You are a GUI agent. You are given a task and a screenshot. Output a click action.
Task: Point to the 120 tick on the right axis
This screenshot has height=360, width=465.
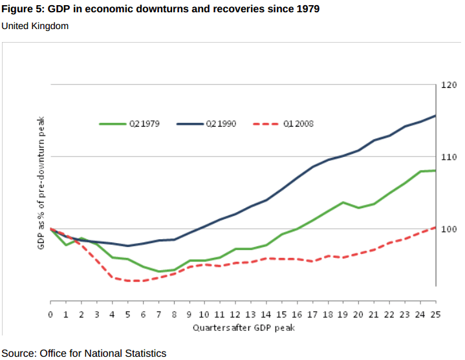point(449,85)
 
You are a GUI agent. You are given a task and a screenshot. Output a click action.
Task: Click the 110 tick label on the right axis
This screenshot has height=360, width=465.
point(449,157)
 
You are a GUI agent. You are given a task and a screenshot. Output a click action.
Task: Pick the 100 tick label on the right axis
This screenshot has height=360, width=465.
point(449,229)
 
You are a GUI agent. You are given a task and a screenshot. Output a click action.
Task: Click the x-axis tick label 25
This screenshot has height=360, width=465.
point(435,315)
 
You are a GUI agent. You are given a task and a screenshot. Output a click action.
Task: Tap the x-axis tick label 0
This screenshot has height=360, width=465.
point(50,315)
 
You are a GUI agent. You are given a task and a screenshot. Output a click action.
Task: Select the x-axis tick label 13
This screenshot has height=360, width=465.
point(250,315)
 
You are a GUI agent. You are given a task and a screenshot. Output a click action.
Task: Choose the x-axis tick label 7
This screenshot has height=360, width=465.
point(158,315)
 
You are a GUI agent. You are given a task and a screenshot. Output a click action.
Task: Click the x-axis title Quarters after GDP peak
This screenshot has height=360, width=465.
point(243,327)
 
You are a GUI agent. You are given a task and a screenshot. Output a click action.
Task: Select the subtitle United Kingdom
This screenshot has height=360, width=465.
point(35,26)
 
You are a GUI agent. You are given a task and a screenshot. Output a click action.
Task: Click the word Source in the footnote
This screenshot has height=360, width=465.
point(18,353)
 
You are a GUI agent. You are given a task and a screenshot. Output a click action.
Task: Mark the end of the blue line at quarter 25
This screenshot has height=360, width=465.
point(435,116)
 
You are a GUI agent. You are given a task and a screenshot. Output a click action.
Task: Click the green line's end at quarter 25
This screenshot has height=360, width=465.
point(435,171)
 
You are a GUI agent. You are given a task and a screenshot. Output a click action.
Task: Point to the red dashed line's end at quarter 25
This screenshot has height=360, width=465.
point(435,228)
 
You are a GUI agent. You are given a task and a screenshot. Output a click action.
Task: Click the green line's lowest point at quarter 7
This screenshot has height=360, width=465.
point(158,271)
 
